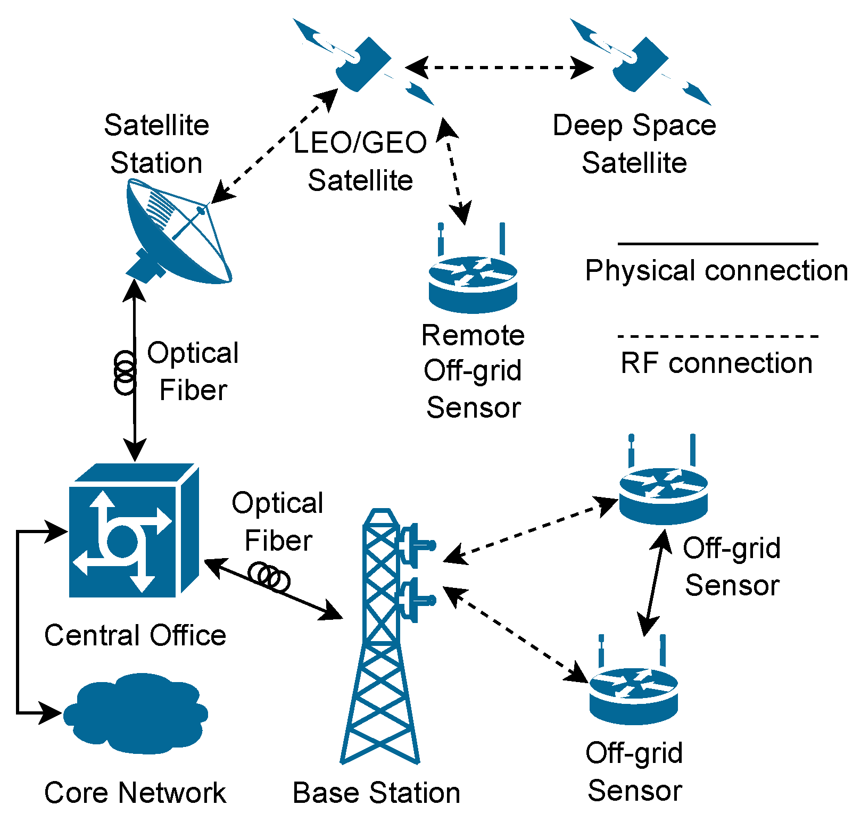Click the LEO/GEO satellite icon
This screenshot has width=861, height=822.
[x=363, y=64]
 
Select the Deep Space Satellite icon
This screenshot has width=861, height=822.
[x=640, y=64]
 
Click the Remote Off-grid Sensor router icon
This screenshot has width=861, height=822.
[x=473, y=282]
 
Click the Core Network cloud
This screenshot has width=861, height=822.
[x=136, y=713]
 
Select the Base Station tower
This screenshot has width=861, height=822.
[x=380, y=638]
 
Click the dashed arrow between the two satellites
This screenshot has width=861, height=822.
[x=499, y=68]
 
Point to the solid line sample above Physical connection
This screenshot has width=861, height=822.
[x=717, y=244]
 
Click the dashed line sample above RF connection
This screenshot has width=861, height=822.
[x=717, y=336]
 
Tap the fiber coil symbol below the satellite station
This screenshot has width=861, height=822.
[x=125, y=372]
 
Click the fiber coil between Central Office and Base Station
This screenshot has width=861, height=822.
[x=269, y=577]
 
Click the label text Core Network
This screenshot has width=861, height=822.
[x=135, y=793]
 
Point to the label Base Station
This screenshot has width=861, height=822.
[x=376, y=793]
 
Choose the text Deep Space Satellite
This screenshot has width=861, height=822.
[x=634, y=144]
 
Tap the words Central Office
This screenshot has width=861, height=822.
[x=135, y=635]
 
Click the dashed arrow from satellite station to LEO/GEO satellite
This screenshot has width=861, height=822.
[x=275, y=146]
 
